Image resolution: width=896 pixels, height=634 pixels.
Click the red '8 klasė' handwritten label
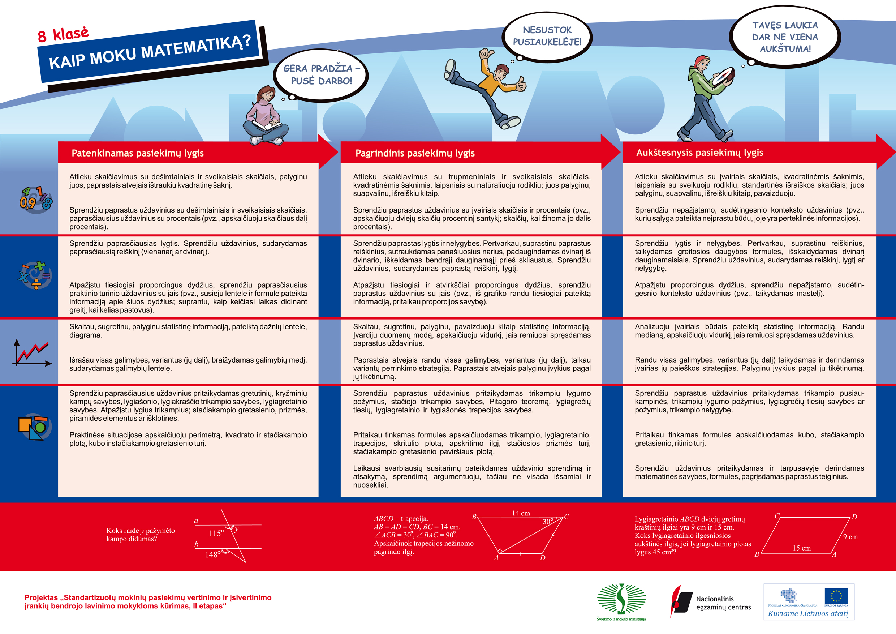click(63, 34)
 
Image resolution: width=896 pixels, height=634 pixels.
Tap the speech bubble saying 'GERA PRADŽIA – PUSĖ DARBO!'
click(321, 74)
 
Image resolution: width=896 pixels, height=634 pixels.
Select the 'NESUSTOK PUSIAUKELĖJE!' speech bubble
click(547, 36)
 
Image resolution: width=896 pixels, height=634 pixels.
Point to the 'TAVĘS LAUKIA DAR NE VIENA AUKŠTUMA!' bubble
click(785, 37)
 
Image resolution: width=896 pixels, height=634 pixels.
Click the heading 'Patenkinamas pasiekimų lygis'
click(137, 153)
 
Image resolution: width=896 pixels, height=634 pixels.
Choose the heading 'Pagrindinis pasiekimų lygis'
click(415, 153)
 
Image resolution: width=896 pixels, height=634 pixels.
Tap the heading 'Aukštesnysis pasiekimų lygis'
click(699, 153)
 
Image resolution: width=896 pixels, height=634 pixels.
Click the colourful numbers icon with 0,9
click(35, 199)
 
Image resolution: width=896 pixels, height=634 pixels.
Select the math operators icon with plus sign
click(35, 275)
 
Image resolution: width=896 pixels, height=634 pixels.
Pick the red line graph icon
click(33, 353)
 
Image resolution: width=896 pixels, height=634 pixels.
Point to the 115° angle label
click(216, 533)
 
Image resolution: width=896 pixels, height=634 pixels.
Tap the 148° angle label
click(213, 554)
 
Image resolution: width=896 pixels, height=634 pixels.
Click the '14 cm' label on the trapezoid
click(521, 513)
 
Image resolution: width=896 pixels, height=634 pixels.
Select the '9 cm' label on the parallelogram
click(850, 537)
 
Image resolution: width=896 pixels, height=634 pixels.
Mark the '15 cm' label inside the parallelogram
click(801, 548)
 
